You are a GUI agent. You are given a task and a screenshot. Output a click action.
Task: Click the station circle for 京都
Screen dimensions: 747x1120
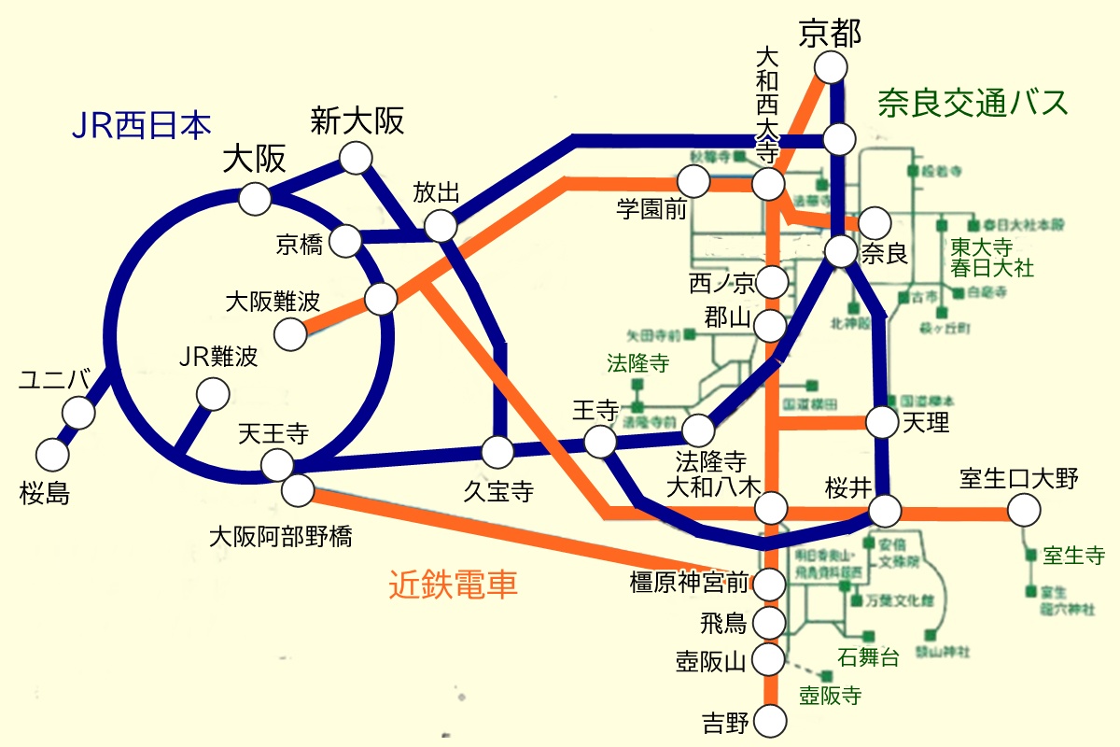pos(830,68)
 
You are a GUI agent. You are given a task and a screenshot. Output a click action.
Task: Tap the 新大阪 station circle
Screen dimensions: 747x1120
pos(356,158)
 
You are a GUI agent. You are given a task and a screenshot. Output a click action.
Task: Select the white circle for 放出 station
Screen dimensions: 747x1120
pos(440,225)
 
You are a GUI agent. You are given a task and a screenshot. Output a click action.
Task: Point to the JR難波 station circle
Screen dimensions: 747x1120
pos(214,395)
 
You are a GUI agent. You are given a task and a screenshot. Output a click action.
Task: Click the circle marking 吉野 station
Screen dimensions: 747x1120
pos(769,721)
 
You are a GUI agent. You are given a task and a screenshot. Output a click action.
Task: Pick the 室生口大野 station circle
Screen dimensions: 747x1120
pos(1024,510)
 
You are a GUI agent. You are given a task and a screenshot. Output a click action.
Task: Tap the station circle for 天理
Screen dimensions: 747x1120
pos(882,422)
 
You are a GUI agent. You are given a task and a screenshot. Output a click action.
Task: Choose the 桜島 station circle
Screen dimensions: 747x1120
pos(52,455)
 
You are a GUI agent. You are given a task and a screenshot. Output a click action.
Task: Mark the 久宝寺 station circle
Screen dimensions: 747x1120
pos(497,453)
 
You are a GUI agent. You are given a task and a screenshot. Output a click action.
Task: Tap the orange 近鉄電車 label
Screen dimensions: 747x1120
pos(453,585)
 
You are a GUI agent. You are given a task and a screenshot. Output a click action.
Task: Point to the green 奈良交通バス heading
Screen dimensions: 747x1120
pos(972,102)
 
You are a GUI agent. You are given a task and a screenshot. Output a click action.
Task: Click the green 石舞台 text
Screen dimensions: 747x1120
pos(869,656)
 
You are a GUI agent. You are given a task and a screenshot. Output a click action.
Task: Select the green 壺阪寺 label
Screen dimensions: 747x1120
pos(830,695)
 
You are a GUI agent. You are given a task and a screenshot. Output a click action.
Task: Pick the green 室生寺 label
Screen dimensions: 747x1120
pos(1074,556)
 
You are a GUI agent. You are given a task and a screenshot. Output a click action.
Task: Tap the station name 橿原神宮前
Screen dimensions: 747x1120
pos(690,584)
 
